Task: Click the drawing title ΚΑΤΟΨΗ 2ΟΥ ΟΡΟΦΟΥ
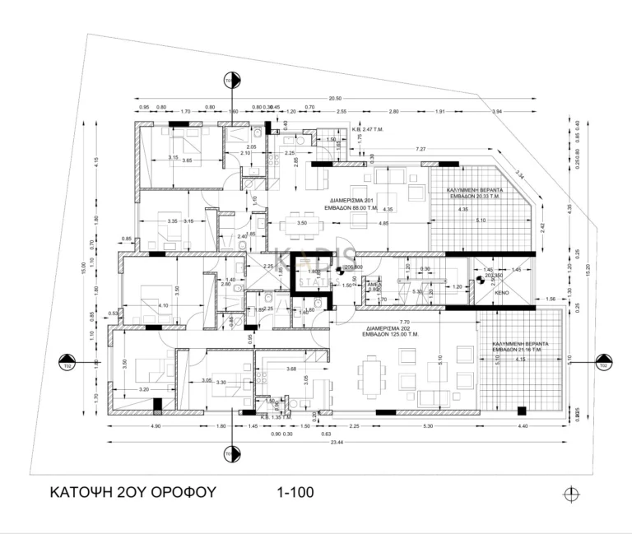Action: [132, 492]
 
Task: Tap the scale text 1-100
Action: [289, 492]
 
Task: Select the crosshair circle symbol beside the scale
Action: [570, 494]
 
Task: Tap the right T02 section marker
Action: [602, 363]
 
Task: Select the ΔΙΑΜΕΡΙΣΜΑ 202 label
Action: [394, 327]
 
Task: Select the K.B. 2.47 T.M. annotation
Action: [369, 129]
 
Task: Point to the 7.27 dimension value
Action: [421, 149]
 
